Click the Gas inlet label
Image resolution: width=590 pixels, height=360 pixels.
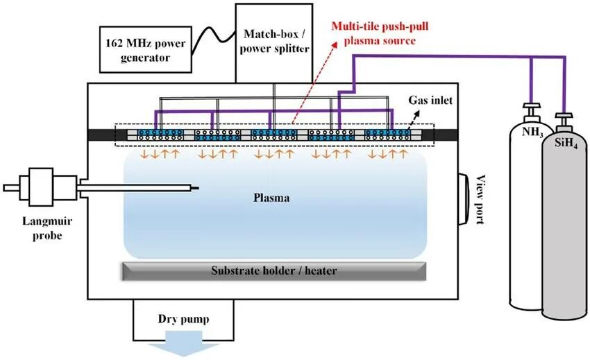click(x=430, y=100)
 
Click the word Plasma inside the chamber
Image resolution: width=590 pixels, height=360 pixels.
click(x=271, y=198)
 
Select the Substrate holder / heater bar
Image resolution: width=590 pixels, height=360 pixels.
click(x=274, y=271)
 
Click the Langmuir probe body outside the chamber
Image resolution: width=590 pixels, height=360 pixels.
click(x=42, y=187)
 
